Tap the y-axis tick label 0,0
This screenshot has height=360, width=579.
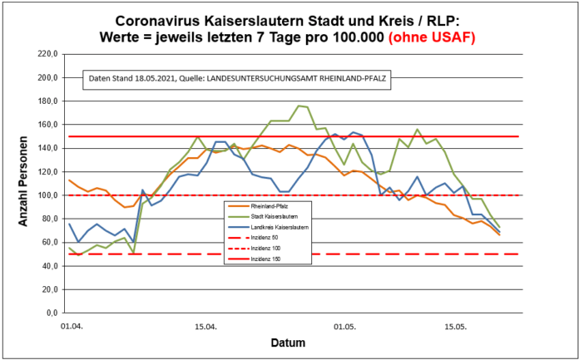[x=50, y=314]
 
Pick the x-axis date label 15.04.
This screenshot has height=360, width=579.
[x=205, y=327]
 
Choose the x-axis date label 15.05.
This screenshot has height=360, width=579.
[x=455, y=327]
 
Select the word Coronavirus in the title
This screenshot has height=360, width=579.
[x=160, y=20]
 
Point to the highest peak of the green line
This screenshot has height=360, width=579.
[x=299, y=106]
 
